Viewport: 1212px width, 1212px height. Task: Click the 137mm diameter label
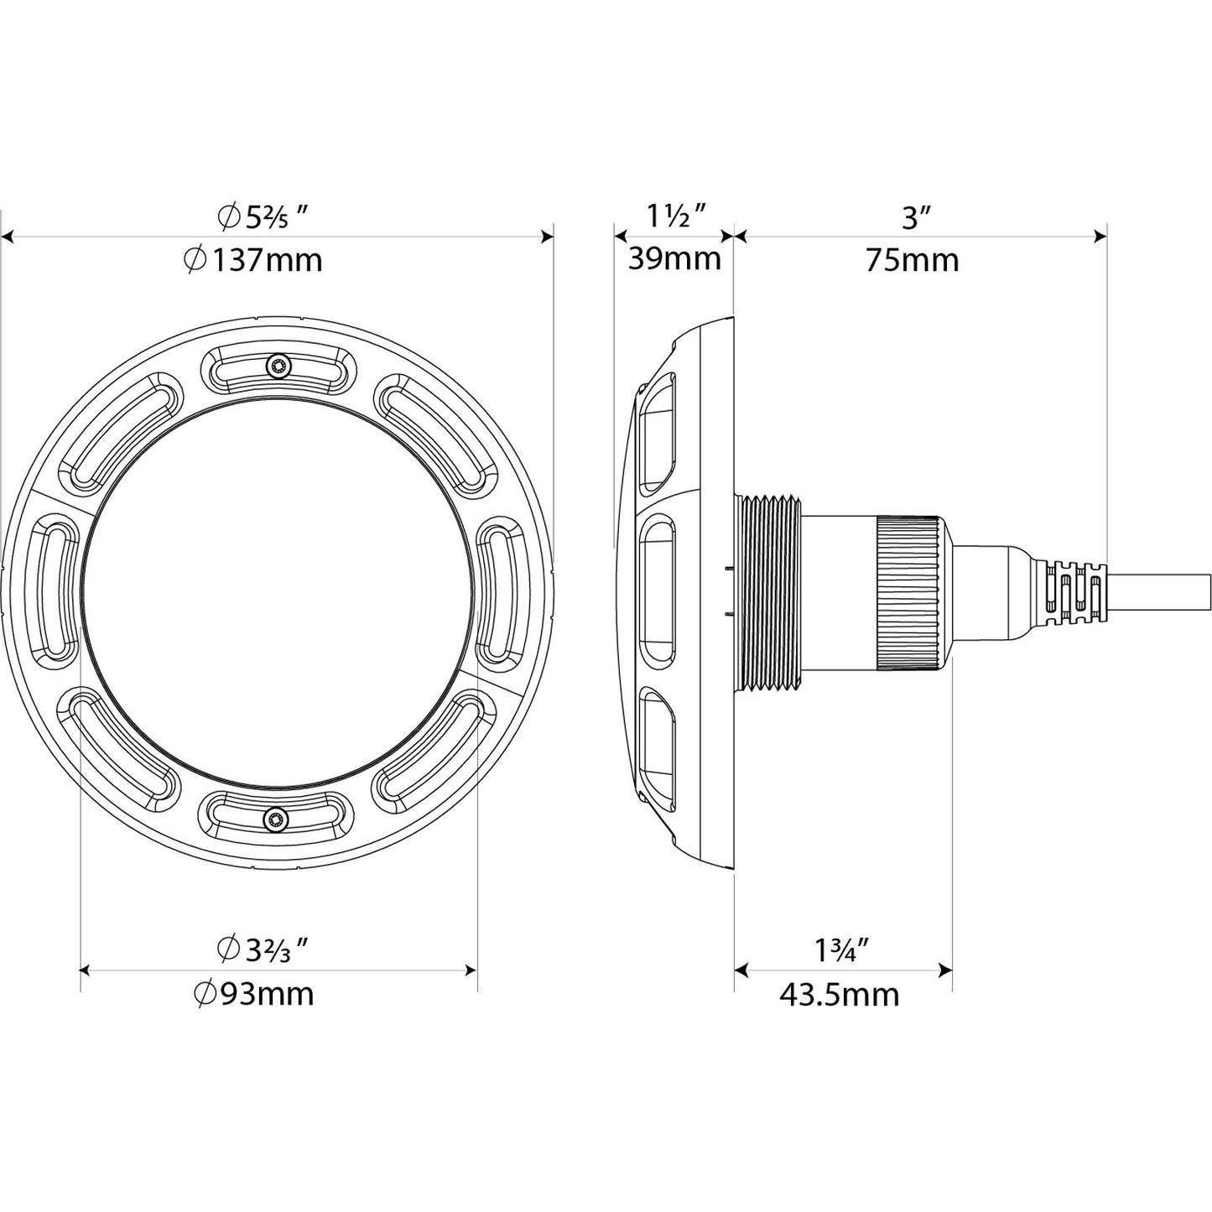[252, 260]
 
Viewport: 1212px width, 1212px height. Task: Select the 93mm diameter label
[253, 994]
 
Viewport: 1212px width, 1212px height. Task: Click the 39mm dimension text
[674, 258]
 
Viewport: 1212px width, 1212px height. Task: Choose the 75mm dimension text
[912, 260]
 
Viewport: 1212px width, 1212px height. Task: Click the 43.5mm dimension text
[839, 995]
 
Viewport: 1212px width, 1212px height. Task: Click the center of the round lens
[276, 591]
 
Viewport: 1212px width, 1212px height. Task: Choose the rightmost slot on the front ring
[500, 591]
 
